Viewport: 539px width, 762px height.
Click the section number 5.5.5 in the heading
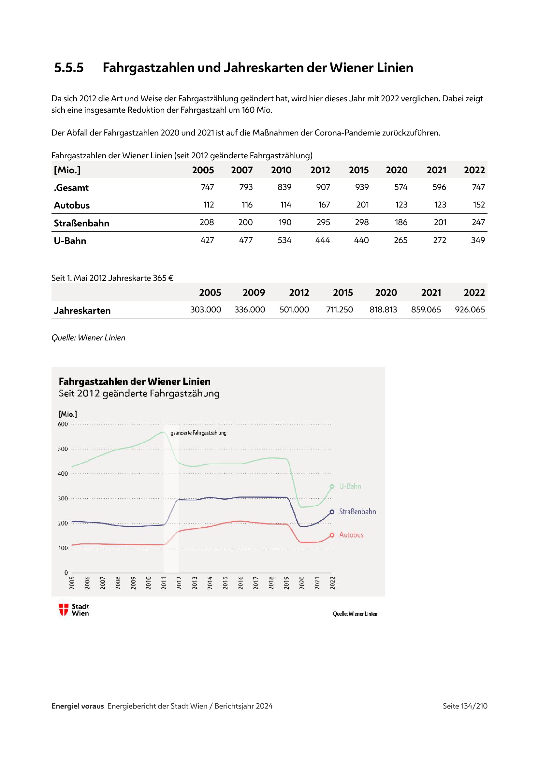tap(69, 68)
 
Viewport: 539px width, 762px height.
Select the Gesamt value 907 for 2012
tap(323, 187)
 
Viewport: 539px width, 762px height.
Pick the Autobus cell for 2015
tap(362, 205)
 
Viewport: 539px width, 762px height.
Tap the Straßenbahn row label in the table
tap(81, 223)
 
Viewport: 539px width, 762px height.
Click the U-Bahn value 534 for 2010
tap(284, 240)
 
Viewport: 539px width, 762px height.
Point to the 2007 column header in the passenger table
tap(241, 170)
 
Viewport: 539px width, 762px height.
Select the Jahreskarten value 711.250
tap(339, 309)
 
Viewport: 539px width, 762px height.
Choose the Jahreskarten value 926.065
tap(470, 309)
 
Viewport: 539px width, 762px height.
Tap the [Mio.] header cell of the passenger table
tap(67, 170)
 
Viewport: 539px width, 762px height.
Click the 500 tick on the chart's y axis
tap(63, 449)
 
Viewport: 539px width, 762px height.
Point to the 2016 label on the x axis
tap(240, 583)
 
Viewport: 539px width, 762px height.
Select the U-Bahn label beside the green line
tap(350, 486)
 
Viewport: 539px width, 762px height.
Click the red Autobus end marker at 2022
tap(332, 535)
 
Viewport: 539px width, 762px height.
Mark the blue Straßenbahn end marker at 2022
tap(332, 512)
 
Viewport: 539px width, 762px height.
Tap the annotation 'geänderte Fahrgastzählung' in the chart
tap(198, 433)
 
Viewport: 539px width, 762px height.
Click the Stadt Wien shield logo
tap(64, 610)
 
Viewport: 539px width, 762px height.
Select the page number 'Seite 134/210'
tap(465, 706)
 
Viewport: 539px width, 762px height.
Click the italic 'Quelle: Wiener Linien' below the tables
tap(88, 338)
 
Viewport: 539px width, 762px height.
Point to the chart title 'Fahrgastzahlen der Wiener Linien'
tap(134, 381)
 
